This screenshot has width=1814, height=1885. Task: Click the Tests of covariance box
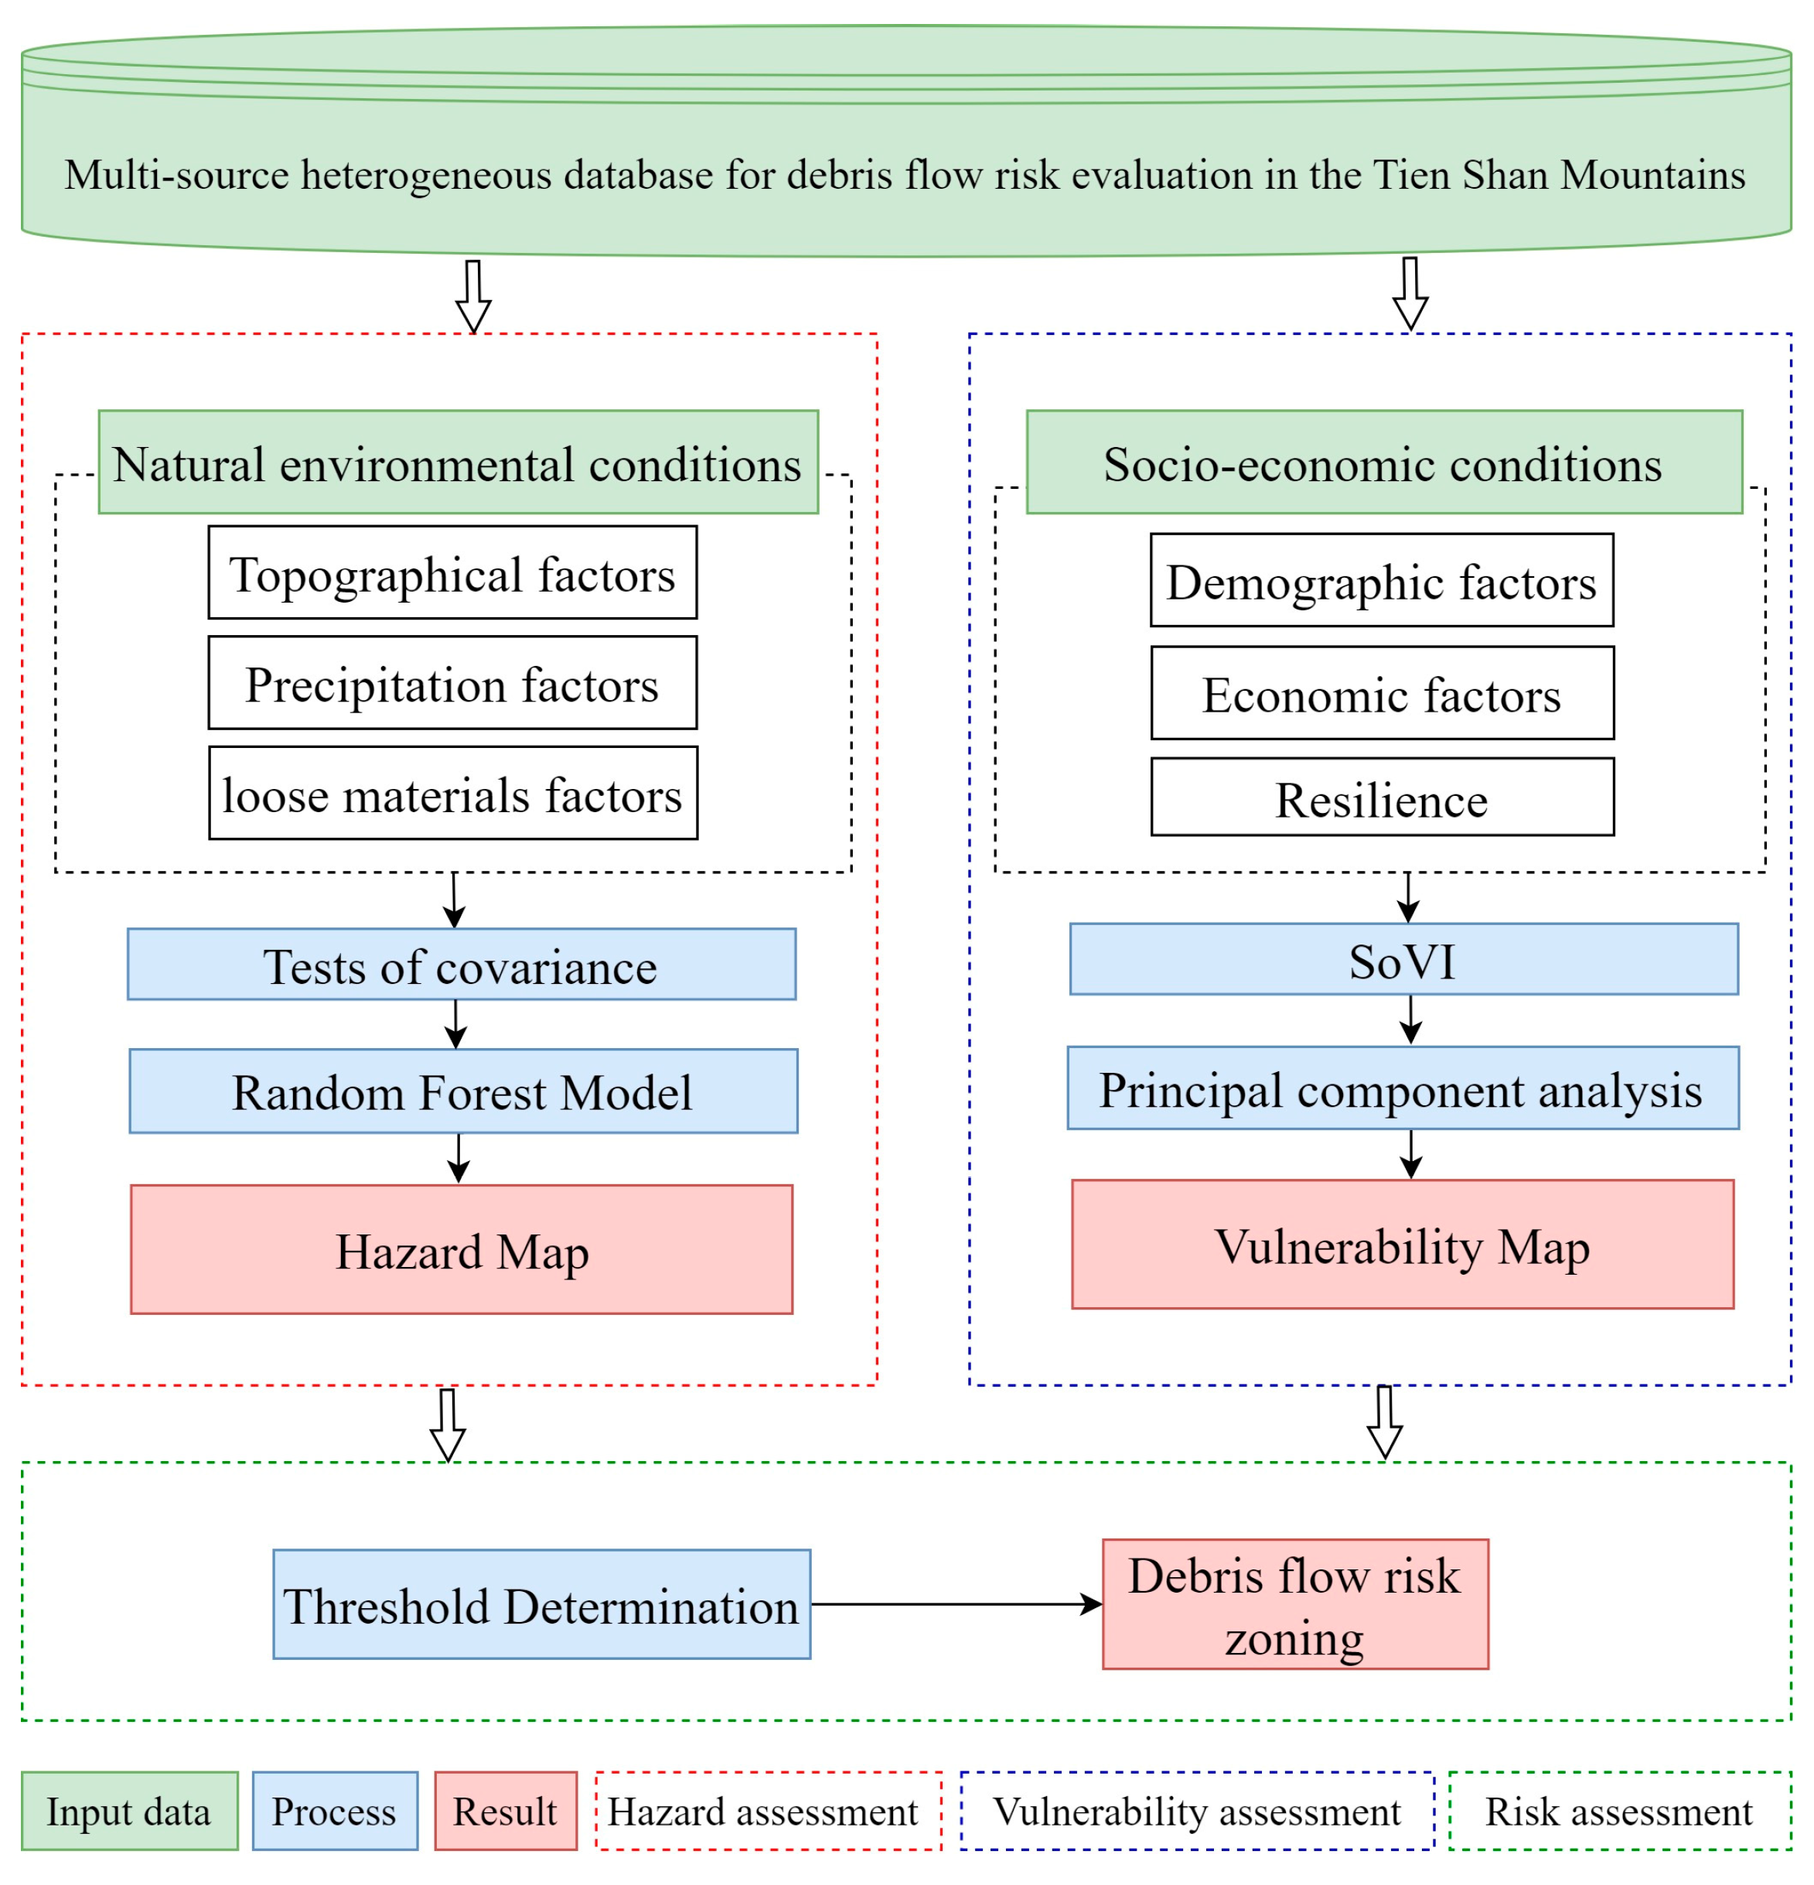tap(462, 964)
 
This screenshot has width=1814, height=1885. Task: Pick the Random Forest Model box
tap(462, 1091)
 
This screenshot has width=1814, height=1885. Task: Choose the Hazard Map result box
tap(462, 1248)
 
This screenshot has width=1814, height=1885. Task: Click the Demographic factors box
tap(1382, 580)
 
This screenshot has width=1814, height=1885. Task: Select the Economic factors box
tap(1382, 692)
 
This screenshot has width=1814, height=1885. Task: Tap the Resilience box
tap(1382, 797)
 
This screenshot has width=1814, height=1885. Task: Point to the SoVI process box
tap(1403, 959)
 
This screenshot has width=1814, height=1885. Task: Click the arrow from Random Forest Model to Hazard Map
tap(459, 1158)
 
